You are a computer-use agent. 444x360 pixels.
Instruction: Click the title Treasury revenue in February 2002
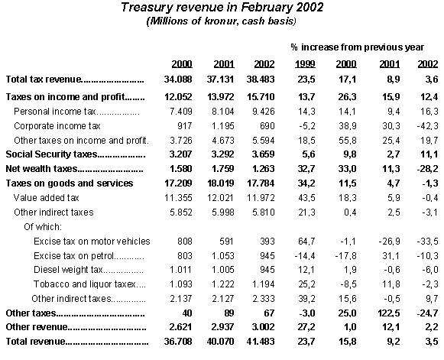tap(222, 7)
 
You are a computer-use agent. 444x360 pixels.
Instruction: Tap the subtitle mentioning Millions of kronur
tap(221, 21)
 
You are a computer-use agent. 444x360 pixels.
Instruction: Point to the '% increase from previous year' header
tap(358, 47)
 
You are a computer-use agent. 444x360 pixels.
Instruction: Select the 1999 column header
tap(305, 64)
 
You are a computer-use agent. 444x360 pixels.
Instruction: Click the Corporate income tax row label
tap(57, 126)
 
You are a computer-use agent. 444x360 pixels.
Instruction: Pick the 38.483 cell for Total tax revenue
tap(261, 79)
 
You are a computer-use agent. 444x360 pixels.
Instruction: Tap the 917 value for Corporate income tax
tap(185, 126)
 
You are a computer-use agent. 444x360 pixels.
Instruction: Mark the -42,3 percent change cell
tap(428, 126)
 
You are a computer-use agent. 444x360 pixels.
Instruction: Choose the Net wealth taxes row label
tap(41, 169)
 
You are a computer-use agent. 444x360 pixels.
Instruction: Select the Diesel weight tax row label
tap(68, 270)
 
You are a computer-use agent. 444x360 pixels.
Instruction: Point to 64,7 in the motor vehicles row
tap(306, 242)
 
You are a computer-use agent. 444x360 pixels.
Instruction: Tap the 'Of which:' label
tap(43, 226)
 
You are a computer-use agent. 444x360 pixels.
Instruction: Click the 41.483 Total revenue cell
tap(261, 342)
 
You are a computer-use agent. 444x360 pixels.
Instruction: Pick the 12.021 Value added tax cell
tap(220, 198)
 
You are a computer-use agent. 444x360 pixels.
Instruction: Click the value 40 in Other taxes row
tap(186, 313)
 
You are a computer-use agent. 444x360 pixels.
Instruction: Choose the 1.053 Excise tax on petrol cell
tap(223, 256)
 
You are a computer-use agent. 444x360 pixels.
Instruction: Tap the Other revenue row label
tap(37, 327)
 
